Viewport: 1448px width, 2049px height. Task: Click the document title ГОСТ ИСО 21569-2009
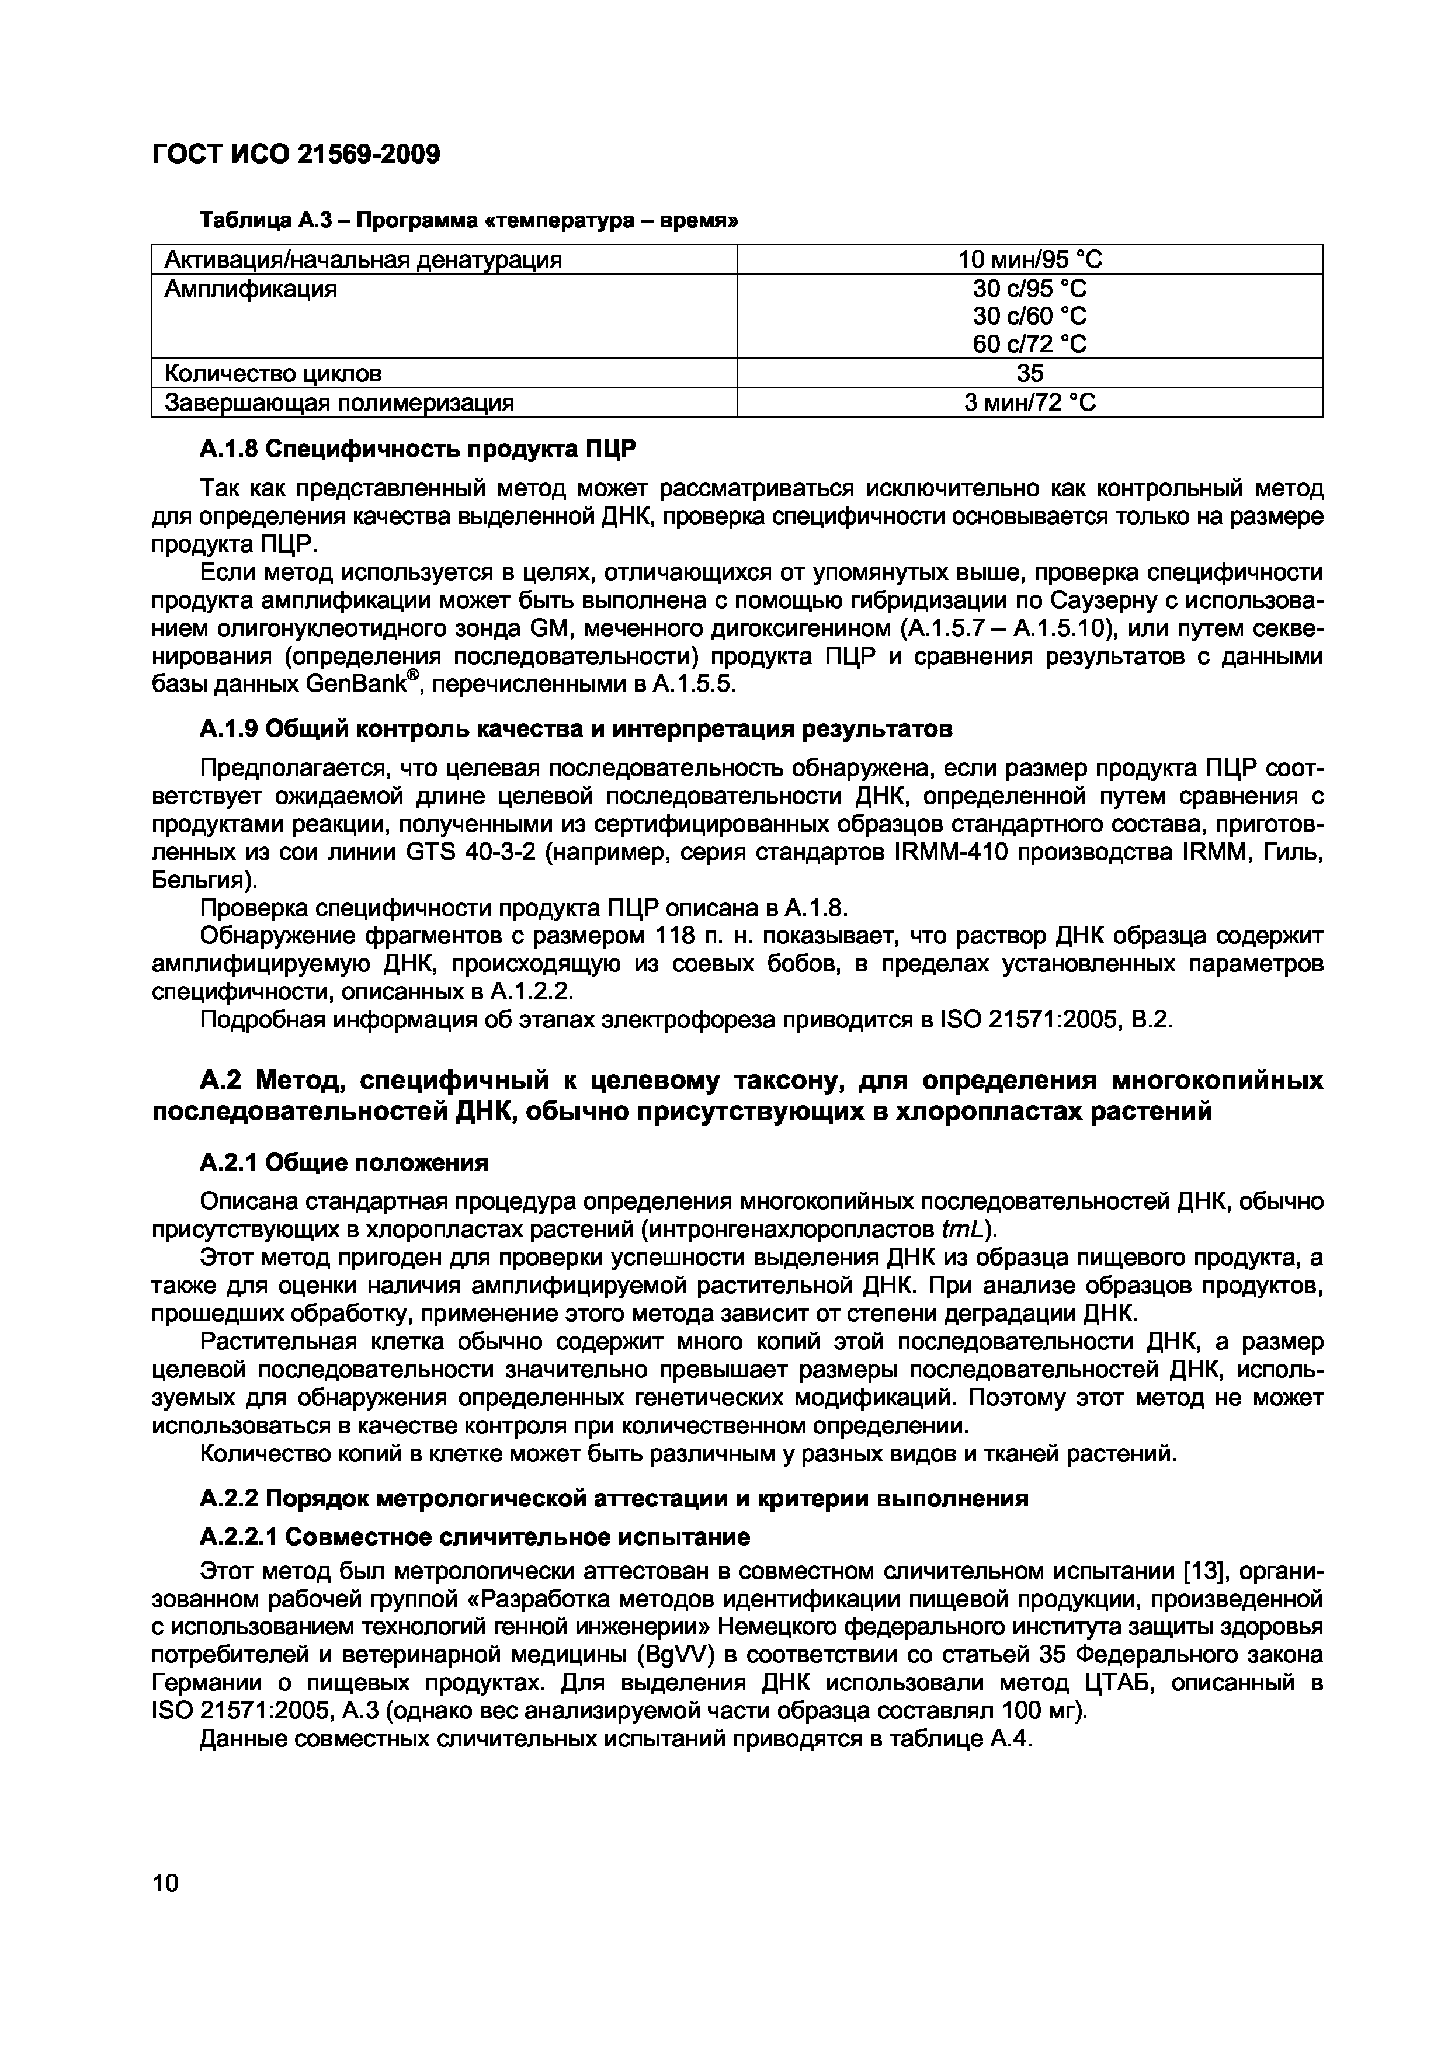click(296, 155)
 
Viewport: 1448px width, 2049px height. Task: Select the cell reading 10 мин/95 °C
click(1030, 260)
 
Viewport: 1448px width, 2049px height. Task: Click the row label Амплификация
click(251, 289)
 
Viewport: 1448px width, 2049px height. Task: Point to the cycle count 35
click(1030, 373)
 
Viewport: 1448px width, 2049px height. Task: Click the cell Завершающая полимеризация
click(339, 402)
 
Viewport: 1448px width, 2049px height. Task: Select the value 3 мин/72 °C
click(1030, 402)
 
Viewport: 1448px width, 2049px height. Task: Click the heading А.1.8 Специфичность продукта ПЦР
click(418, 450)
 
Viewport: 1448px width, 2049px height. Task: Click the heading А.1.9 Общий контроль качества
click(577, 729)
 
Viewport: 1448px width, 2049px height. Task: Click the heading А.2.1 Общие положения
click(345, 1162)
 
